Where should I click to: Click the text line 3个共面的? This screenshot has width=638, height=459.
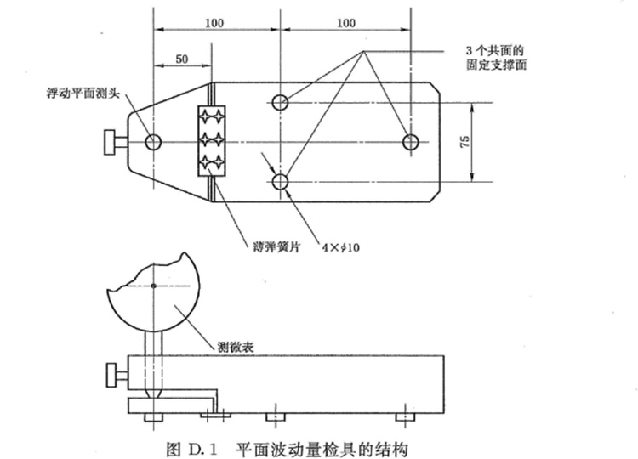pyautogui.click(x=497, y=50)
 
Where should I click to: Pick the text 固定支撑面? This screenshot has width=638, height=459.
pyautogui.click(x=497, y=65)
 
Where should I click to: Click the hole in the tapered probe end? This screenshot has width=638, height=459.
pyautogui.click(x=153, y=141)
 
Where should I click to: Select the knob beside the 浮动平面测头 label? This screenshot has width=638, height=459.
pyautogui.click(x=112, y=142)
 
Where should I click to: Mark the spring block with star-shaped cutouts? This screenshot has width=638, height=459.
pyautogui.click(x=211, y=141)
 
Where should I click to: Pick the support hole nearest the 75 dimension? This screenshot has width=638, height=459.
pyautogui.click(x=411, y=141)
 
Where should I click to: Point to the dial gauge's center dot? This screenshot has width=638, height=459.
pyautogui.click(x=153, y=286)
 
